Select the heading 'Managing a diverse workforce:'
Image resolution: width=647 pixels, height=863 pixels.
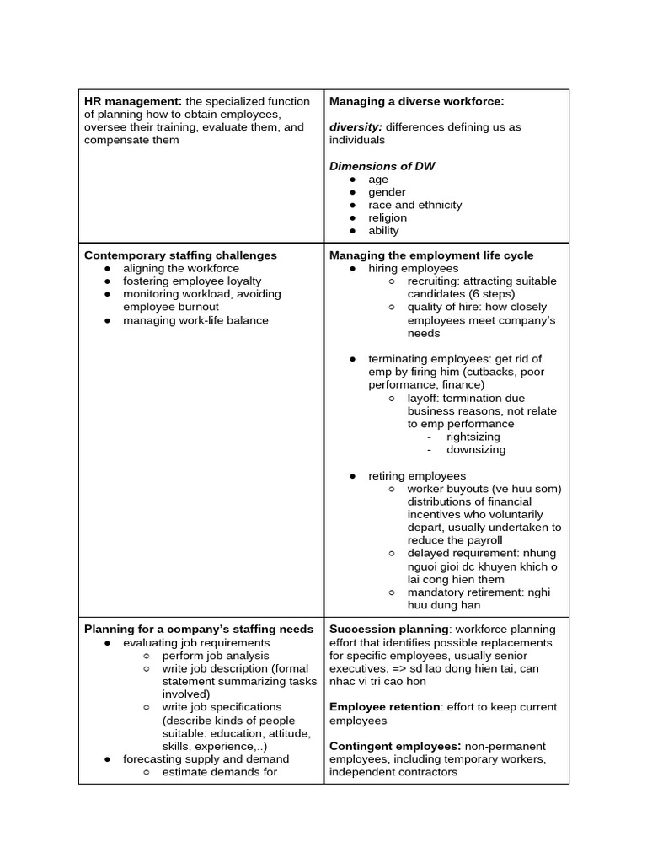point(416,101)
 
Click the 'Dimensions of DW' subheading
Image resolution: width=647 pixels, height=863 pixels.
point(382,166)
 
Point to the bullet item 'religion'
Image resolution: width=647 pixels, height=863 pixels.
point(387,217)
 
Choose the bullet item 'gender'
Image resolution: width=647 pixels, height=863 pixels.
point(387,192)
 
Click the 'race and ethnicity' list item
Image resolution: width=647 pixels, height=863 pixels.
point(414,205)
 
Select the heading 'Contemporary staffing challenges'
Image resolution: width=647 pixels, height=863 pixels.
point(180,255)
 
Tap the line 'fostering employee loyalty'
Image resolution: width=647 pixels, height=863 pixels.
point(192,281)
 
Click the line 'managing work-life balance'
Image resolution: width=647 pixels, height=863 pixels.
point(195,320)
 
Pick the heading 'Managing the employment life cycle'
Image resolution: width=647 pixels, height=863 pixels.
point(431,255)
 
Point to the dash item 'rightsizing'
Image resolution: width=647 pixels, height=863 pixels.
point(473,437)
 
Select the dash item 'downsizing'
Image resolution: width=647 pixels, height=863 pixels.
point(476,449)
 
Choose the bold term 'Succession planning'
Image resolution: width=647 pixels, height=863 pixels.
point(388,629)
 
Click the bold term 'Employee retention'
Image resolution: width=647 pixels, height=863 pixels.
point(384,707)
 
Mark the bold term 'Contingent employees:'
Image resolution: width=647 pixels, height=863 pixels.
point(394,746)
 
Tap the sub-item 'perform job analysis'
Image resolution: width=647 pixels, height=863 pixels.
point(216,655)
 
